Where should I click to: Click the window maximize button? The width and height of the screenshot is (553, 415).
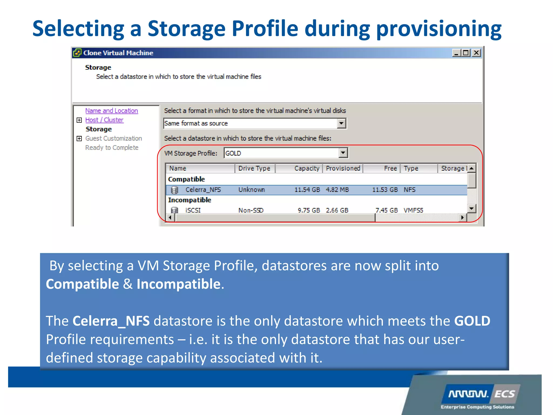466,53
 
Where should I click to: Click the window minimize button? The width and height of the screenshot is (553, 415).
456,53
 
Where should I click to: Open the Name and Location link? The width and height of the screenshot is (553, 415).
112,111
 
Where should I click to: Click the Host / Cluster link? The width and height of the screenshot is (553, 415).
104,120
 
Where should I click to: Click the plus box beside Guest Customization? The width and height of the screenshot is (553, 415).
79,139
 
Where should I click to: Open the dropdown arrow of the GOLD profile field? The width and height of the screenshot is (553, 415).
343,153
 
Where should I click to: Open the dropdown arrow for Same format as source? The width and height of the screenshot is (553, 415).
341,123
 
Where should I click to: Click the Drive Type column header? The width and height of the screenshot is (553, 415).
254,168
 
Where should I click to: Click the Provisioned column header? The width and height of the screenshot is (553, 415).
343,168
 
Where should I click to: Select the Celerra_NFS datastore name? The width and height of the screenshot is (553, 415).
203,190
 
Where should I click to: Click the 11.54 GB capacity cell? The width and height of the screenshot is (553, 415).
307,190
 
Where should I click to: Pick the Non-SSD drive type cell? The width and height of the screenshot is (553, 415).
251,210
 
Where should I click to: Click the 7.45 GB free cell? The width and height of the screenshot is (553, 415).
386,210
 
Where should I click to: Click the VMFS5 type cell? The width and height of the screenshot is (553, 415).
413,210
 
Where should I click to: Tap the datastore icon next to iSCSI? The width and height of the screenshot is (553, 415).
175,210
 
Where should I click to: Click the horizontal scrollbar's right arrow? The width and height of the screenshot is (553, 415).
463,217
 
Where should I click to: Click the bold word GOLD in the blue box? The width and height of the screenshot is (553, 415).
472,321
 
